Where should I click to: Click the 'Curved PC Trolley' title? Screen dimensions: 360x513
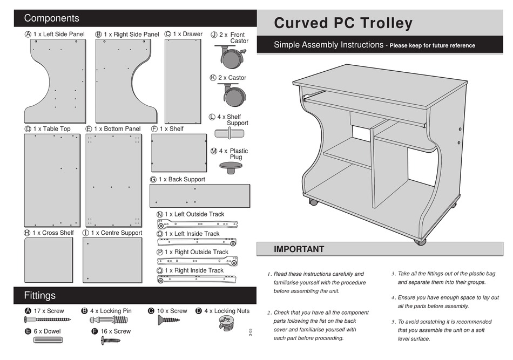pyautogui.click(x=343, y=23)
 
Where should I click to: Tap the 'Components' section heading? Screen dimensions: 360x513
pyautogui.click(x=52, y=18)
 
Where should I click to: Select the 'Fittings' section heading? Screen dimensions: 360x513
pyautogui.click(x=39, y=295)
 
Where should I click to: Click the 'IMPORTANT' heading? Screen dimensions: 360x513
pyautogui.click(x=299, y=249)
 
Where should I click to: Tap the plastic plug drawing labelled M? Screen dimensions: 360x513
pyautogui.click(x=231, y=168)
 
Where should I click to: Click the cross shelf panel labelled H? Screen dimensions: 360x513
pyautogui.click(x=49, y=260)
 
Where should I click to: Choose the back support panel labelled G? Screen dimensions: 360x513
pyautogui.click(x=200, y=195)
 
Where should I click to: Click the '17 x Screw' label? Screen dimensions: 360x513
pyautogui.click(x=49, y=311)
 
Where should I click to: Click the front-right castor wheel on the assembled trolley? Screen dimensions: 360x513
pyautogui.click(x=420, y=241)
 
